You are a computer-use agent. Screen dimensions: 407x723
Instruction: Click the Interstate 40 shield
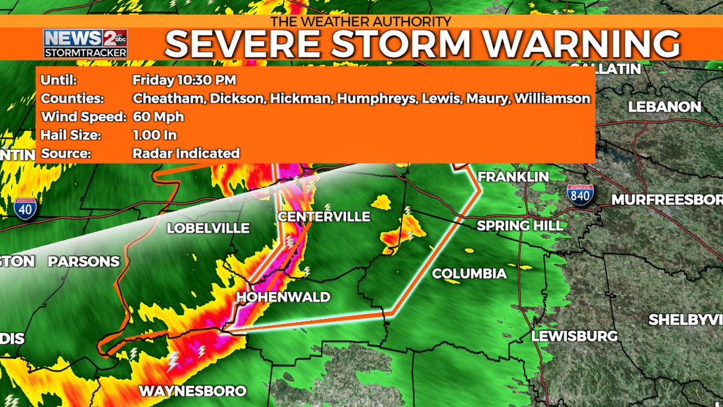click(x=25, y=207)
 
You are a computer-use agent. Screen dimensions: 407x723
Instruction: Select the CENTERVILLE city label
click(x=324, y=216)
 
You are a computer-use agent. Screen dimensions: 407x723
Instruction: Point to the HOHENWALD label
click(x=283, y=297)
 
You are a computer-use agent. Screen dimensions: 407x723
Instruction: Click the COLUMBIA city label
click(x=469, y=274)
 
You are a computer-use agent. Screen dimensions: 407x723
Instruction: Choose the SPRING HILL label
click(x=520, y=226)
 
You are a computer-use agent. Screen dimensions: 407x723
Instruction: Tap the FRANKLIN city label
click(x=513, y=177)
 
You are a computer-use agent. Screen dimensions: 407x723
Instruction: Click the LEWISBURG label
click(x=574, y=336)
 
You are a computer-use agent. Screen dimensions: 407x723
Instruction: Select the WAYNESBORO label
click(x=193, y=391)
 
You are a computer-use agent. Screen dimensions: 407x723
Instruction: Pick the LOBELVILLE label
click(x=208, y=229)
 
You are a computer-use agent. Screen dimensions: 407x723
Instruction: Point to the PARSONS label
click(x=84, y=262)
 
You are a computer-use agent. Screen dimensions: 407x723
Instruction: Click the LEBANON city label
click(x=665, y=107)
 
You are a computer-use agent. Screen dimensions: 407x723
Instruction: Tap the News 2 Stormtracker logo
click(x=85, y=43)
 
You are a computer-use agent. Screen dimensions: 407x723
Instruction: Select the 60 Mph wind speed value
click(x=158, y=116)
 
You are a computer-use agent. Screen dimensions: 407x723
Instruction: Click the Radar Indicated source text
click(x=186, y=153)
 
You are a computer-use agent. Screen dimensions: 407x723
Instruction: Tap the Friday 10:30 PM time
click(x=184, y=80)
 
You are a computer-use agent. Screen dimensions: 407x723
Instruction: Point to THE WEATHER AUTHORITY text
click(x=360, y=21)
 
